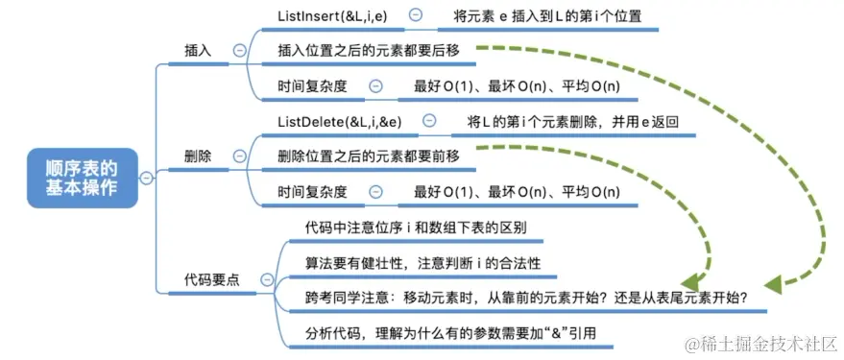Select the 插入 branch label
click(198, 51)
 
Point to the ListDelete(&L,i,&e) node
click(340, 121)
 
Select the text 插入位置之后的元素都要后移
click(368, 51)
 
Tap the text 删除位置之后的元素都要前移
click(368, 156)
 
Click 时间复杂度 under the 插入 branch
click(312, 85)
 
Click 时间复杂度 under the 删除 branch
click(312, 191)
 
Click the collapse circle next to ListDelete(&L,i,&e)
click(429, 121)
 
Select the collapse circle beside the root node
click(146, 178)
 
